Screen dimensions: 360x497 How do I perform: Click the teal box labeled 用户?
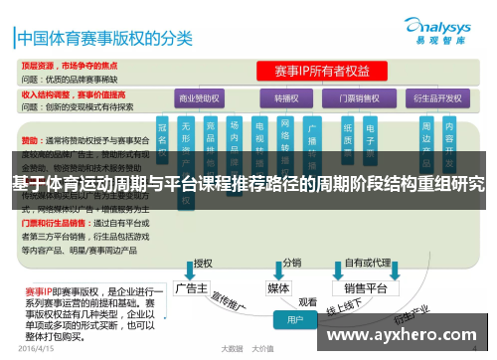(296, 320)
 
